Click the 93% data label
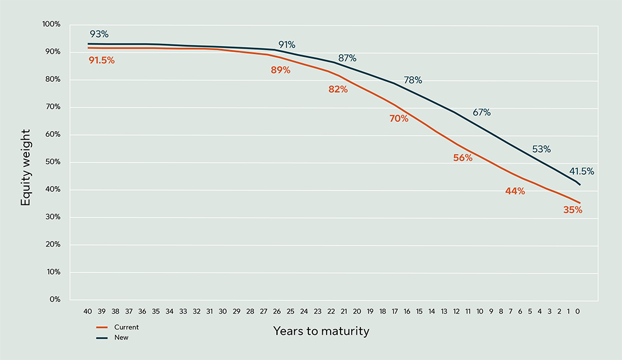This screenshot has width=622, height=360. coord(99,34)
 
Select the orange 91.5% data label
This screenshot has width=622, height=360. coord(101,60)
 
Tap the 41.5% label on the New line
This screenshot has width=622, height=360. coord(581,171)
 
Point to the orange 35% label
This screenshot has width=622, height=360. coord(572,210)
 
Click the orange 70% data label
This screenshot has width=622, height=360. coord(399,118)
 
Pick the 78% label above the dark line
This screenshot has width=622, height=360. coord(413,81)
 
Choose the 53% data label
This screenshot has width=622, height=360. coord(541,149)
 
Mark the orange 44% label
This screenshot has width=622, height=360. coord(515,191)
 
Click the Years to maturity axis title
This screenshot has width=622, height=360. coord(321,331)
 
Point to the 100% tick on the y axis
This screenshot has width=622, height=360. coord(51,25)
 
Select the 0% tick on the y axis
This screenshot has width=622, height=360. coord(54,299)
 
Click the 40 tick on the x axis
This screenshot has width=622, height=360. coord(88,311)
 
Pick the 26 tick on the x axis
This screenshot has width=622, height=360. coord(277,311)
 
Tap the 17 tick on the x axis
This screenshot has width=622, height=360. coord(395,311)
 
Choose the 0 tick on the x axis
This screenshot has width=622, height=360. coord(578,311)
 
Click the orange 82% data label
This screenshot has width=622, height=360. coord(338,89)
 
